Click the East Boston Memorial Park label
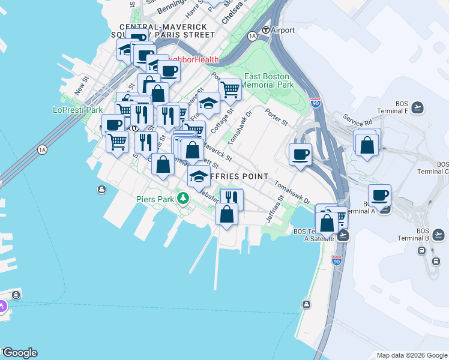coord(268,80)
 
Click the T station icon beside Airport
coord(265,30)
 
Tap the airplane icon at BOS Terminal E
coord(418,107)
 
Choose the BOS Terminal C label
coord(442,167)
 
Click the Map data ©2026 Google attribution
coord(412,355)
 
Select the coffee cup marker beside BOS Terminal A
coord(379,195)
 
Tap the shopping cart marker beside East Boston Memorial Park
coord(230,90)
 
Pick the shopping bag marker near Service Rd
coord(366,145)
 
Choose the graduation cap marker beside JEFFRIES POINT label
coord(199,176)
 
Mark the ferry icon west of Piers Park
coord(101,190)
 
